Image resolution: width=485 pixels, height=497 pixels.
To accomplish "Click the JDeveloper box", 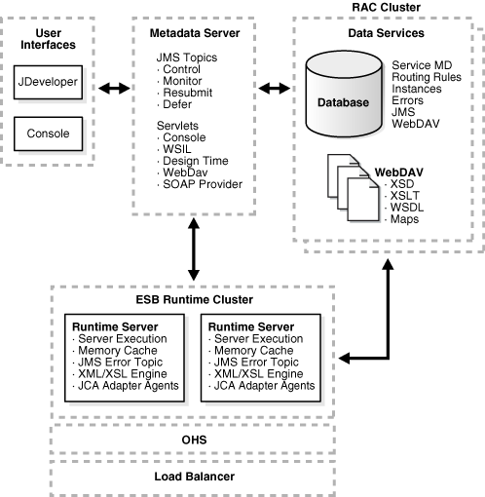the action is (x=48, y=82).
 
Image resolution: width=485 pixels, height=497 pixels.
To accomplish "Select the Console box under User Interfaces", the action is (x=48, y=134).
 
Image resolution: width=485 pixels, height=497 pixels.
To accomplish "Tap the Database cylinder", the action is (x=344, y=94).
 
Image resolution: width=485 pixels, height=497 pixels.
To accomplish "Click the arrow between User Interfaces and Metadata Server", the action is (x=114, y=88).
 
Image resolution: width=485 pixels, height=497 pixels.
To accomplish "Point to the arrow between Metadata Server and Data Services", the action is (x=275, y=88).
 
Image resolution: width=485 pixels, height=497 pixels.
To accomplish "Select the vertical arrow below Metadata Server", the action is (x=194, y=249).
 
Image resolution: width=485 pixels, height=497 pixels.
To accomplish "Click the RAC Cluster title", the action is (x=387, y=7).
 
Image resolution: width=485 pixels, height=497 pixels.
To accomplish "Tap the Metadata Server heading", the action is (x=195, y=33).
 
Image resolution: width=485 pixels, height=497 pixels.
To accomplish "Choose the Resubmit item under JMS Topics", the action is (x=188, y=93).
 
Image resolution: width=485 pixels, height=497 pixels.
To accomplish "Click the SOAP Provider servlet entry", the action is (x=203, y=184).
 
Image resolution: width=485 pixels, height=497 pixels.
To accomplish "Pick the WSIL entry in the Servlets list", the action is (x=177, y=149).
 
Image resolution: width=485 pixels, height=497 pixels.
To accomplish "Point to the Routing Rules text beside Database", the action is (x=427, y=77).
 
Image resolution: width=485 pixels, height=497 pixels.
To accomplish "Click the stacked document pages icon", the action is (x=354, y=188).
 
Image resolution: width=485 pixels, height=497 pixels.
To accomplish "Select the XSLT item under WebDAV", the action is (x=405, y=196).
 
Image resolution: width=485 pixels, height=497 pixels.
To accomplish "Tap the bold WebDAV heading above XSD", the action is (x=399, y=172).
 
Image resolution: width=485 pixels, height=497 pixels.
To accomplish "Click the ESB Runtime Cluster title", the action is (x=195, y=299).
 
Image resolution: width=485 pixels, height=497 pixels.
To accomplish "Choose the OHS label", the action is (x=194, y=440).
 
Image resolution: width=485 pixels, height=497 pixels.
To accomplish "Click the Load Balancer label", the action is (x=194, y=477).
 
